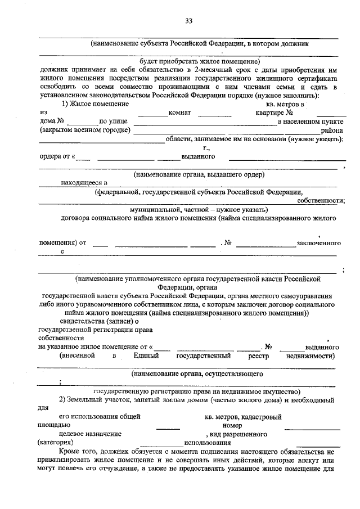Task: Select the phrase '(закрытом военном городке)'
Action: tap(85, 130)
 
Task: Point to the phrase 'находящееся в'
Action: tap(84, 182)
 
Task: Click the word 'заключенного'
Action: tap(319, 243)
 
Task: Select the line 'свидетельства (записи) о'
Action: tap(99, 321)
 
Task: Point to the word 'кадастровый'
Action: tap(262, 417)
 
